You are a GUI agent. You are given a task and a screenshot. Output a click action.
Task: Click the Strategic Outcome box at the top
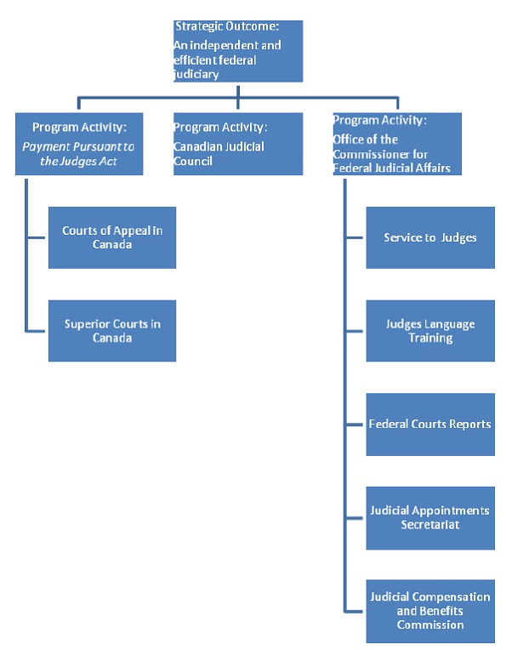pyautogui.click(x=237, y=51)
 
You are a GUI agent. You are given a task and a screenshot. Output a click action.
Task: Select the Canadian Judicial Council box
pyautogui.click(x=237, y=144)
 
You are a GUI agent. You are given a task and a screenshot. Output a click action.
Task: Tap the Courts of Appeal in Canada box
pyautogui.click(x=112, y=237)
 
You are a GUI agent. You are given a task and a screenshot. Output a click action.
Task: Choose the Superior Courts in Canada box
pyautogui.click(x=112, y=330)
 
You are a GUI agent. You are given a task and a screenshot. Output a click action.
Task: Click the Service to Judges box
pyautogui.click(x=429, y=237)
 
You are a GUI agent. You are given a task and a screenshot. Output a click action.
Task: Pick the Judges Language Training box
pyautogui.click(x=429, y=330)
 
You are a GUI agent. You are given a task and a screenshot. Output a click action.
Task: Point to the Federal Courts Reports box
pyautogui.click(x=429, y=424)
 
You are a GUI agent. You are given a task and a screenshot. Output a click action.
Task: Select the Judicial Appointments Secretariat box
pyautogui.click(x=429, y=517)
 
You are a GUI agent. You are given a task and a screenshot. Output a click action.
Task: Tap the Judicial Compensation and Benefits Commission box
pyautogui.click(x=429, y=610)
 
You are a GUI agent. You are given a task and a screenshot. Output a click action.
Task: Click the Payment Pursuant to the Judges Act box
pyautogui.click(x=79, y=144)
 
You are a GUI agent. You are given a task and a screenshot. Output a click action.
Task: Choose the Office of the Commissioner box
pyautogui.click(x=396, y=144)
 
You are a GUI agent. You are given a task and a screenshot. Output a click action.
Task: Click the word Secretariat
pyautogui.click(x=429, y=524)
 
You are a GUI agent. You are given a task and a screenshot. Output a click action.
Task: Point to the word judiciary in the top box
pyautogui.click(x=196, y=74)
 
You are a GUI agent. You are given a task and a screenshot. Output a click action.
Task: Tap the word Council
pyautogui.click(x=195, y=160)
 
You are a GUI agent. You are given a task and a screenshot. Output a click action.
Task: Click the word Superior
pyautogui.click(x=90, y=323)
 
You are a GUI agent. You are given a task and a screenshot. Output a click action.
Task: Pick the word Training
pyautogui.click(x=429, y=338)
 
